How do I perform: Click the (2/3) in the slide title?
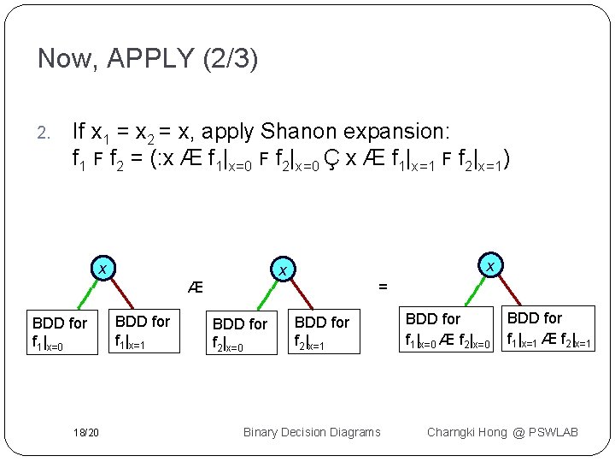pos(228,59)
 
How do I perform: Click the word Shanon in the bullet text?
pos(301,132)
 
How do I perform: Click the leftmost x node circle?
pos(102,269)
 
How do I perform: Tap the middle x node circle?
pos(280,269)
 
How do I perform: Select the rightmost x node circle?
pos(490,266)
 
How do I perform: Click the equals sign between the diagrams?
pos(383,287)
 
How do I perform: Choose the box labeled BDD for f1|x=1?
pos(143,332)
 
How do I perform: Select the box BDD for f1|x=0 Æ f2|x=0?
pos(448,330)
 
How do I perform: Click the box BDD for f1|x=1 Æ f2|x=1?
pos(546,329)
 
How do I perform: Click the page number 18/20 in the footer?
pos(85,432)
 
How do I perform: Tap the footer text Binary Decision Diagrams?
pos(312,432)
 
